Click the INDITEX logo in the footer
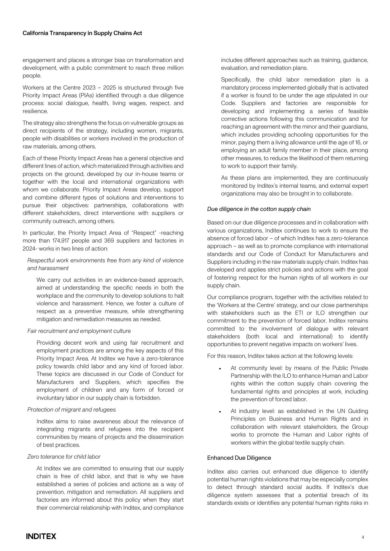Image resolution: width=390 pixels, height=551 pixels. point(41,536)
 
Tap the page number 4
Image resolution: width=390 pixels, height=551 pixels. point(363,537)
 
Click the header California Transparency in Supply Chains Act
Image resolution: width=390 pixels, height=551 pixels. point(82,33)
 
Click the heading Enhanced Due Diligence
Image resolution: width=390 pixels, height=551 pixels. point(239,458)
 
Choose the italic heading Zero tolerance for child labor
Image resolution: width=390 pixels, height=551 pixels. point(64,457)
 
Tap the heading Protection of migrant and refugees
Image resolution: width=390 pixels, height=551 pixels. point(72,410)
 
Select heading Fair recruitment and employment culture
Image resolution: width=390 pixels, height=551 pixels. point(79,331)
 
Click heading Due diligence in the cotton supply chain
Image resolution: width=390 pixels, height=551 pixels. point(259,209)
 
